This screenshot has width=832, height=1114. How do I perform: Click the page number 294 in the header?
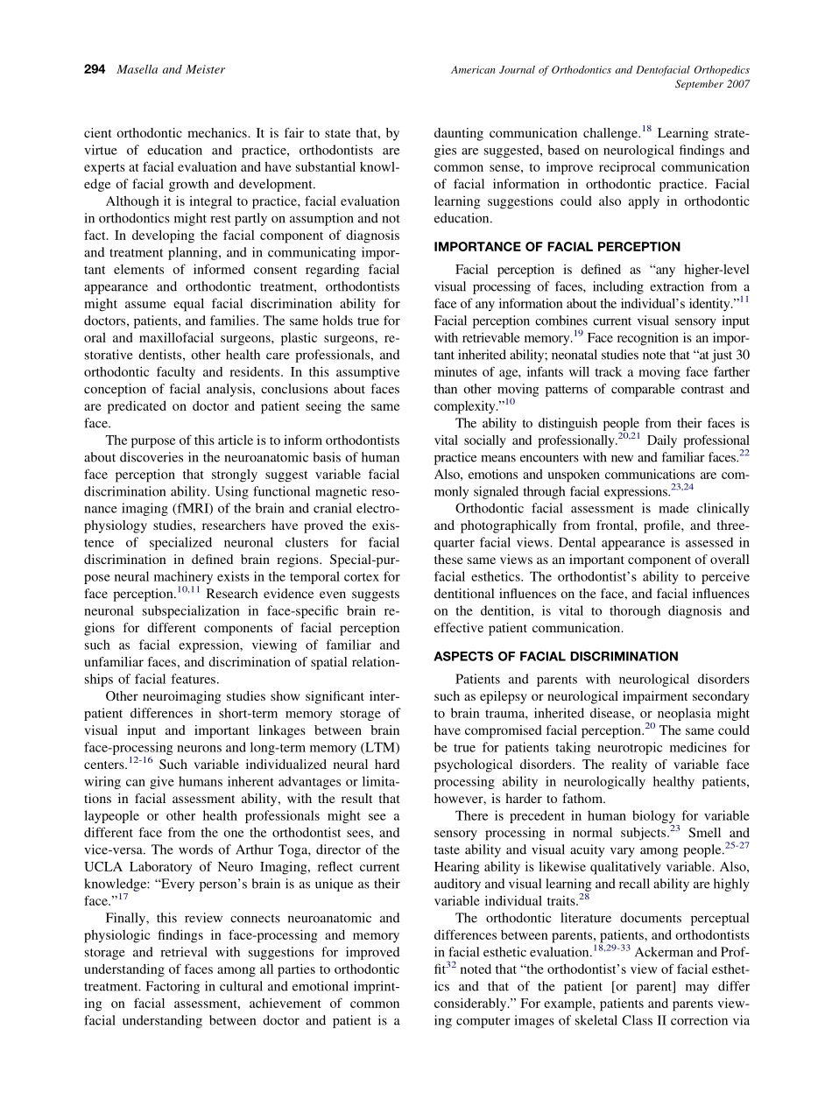(x=95, y=69)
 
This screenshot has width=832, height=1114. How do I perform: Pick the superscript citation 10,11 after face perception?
(x=189, y=589)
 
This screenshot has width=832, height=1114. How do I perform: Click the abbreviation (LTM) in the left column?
(x=380, y=747)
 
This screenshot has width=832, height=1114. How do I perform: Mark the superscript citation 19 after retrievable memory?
(x=578, y=333)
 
